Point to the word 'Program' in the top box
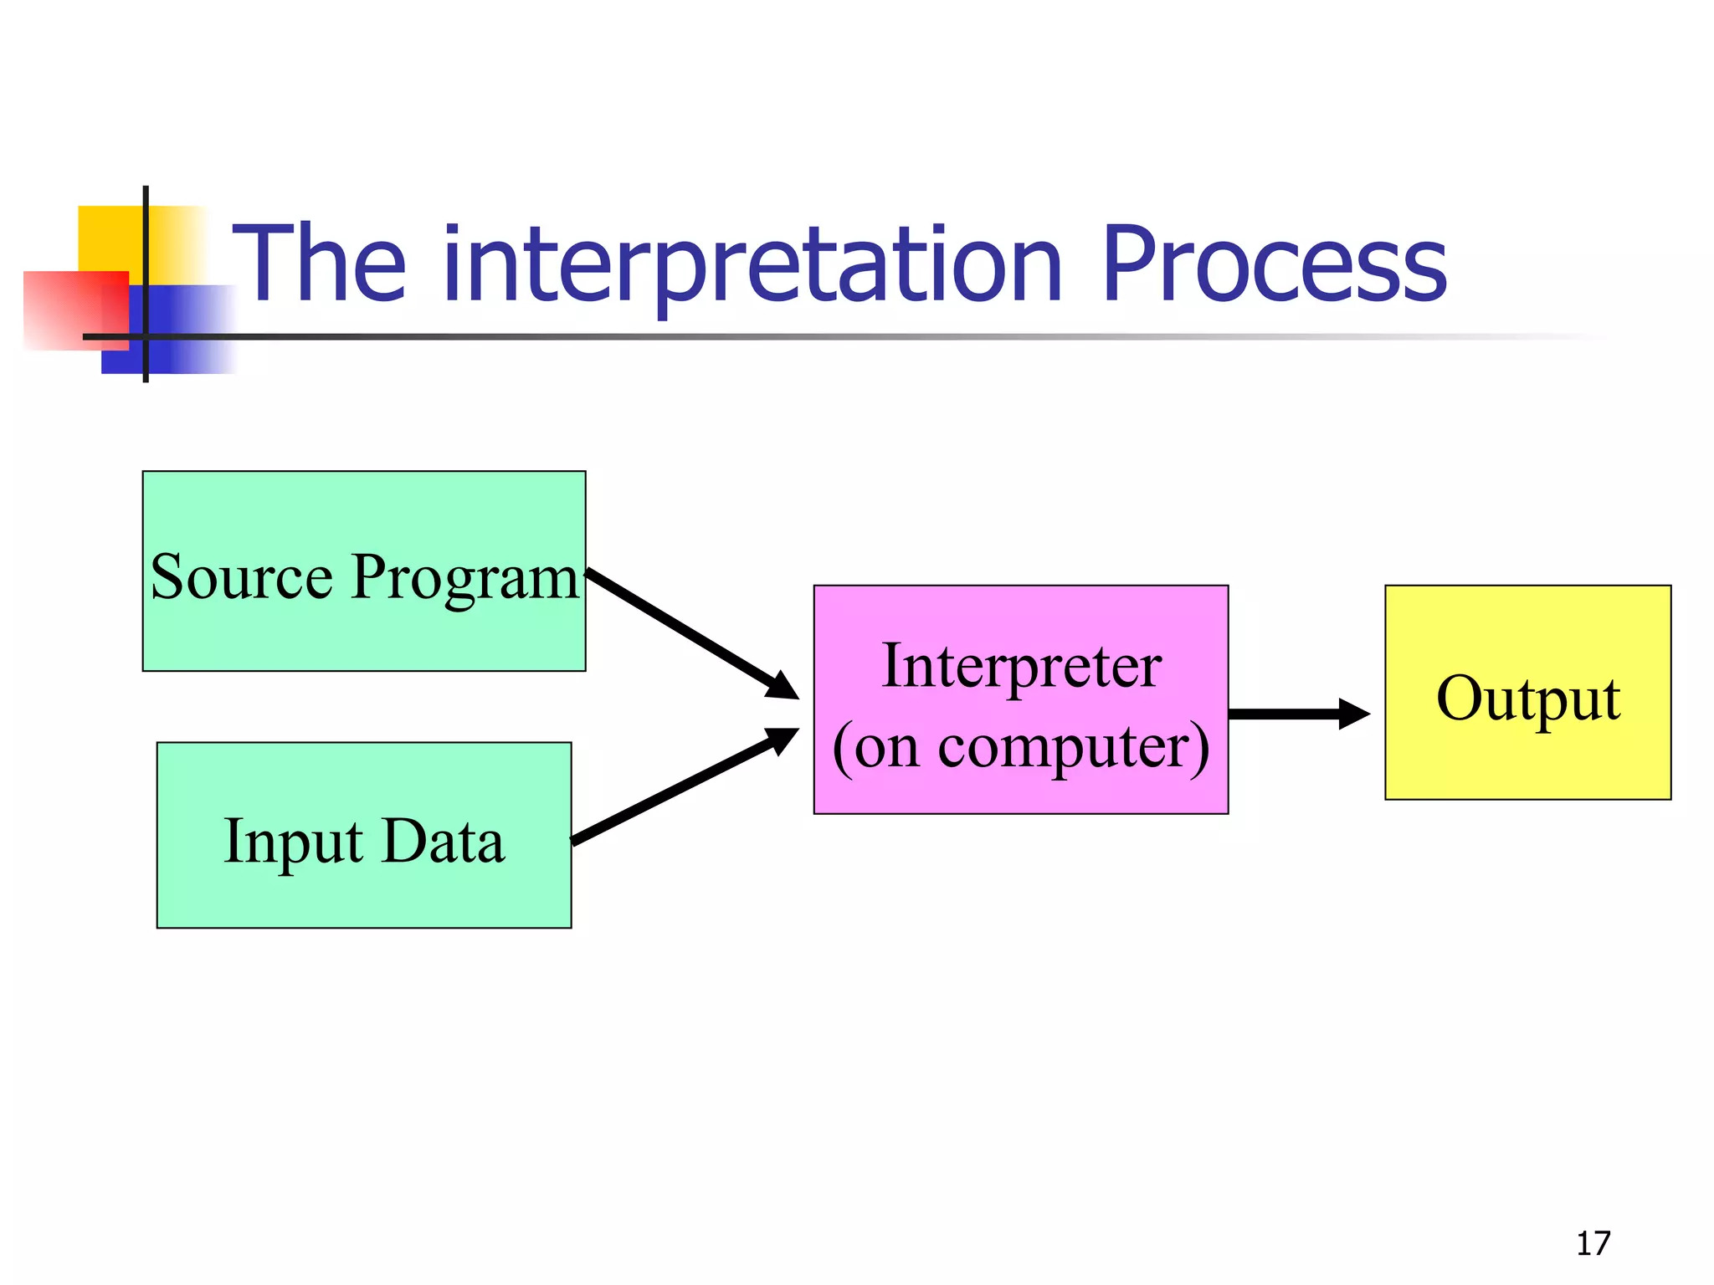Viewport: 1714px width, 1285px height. coord(465,579)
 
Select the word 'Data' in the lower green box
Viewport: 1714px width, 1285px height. coord(444,842)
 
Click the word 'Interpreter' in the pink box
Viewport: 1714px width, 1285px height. coord(1021,667)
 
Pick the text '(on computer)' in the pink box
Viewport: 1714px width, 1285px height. coord(1021,747)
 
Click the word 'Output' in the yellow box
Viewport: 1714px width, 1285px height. coord(1528,698)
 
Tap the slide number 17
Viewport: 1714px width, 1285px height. coord(1593,1244)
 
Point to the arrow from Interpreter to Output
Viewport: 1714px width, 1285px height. coord(1285,714)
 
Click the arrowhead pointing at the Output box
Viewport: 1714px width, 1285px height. coord(1353,714)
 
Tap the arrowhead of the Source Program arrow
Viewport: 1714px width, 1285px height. coord(783,687)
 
